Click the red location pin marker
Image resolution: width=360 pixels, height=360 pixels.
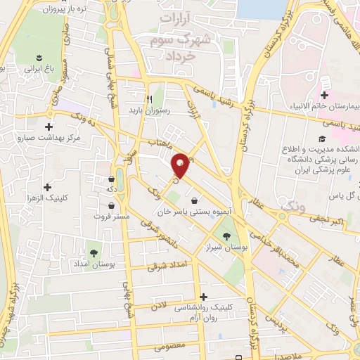click(x=181, y=165)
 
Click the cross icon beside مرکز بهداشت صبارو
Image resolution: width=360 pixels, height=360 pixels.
click(x=48, y=127)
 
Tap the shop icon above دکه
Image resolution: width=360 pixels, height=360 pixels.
click(x=112, y=178)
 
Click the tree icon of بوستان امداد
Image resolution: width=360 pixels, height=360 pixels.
click(x=94, y=250)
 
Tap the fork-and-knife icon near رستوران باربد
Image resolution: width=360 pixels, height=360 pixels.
click(x=149, y=99)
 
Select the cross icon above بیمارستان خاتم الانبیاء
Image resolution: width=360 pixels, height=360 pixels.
click(x=325, y=95)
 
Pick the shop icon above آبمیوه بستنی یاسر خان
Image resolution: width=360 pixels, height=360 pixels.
click(x=194, y=200)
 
